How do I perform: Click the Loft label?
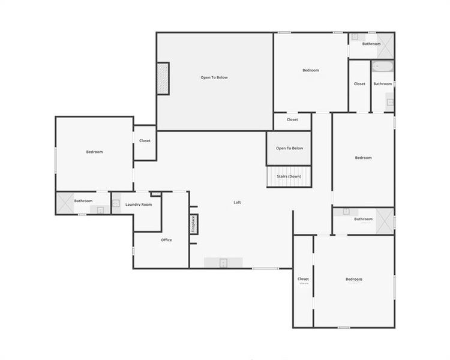237,202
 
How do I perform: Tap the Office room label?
166,240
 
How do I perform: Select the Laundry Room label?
139,205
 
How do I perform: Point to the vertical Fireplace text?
193,224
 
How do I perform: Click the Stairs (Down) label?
289,176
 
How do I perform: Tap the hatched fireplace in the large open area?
163,78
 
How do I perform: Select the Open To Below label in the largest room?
214,77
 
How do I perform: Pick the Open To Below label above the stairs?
289,148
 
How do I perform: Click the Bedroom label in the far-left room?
94,152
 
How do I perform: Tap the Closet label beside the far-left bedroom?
145,141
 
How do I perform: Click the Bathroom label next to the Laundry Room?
83,201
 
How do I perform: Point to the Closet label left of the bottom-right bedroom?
303,279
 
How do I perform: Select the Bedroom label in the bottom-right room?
354,279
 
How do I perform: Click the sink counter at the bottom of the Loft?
223,262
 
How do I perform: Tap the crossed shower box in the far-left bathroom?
64,203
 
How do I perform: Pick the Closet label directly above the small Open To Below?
292,120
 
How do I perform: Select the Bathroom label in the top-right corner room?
371,44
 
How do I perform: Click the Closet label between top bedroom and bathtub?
359,84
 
